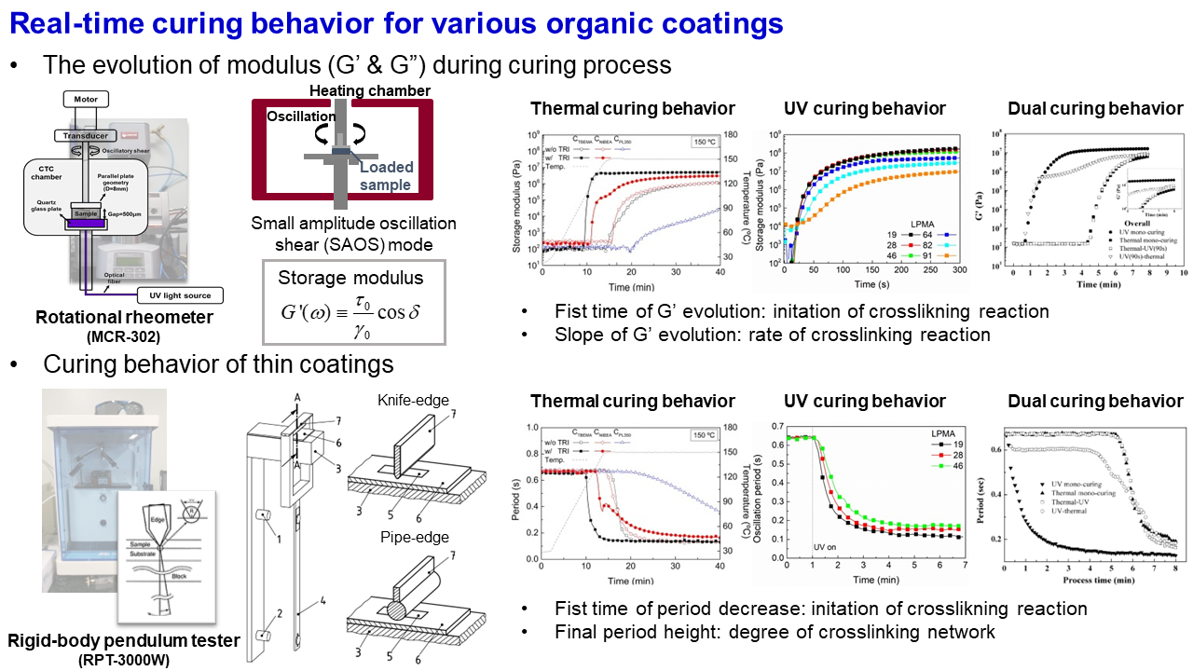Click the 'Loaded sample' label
(x=385, y=176)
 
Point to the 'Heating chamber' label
(x=370, y=90)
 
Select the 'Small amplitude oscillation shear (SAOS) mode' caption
(x=354, y=233)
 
